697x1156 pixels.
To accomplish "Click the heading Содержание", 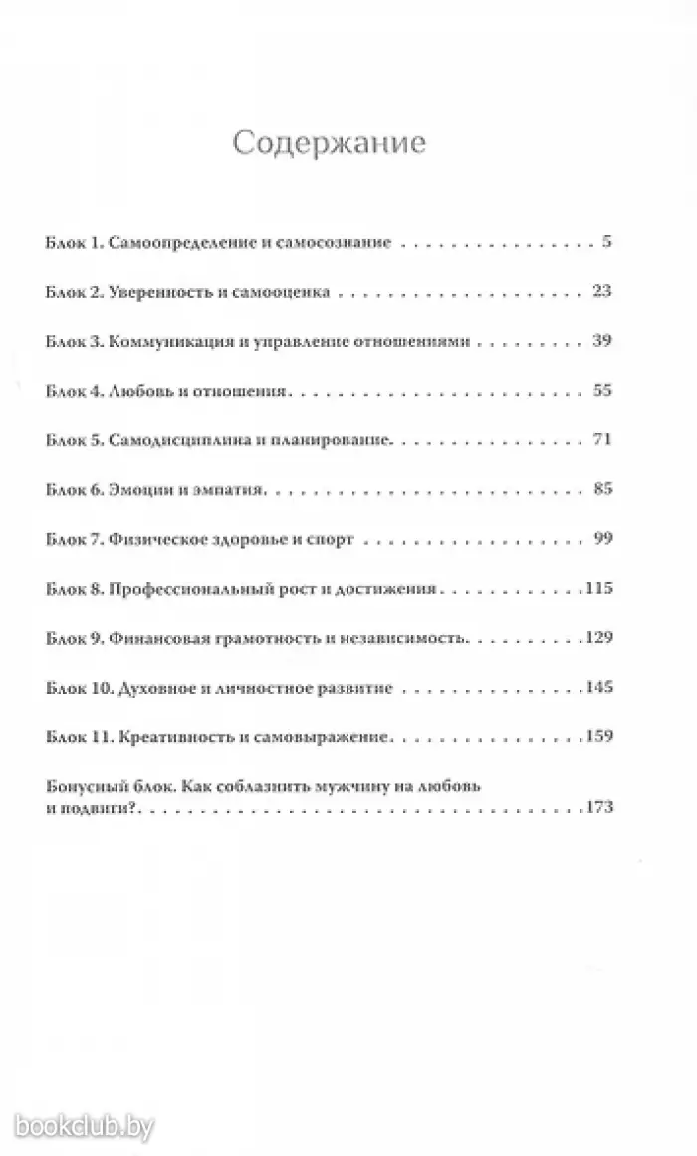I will pyautogui.click(x=329, y=144).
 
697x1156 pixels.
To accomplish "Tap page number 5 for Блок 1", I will pyautogui.click(x=605, y=242).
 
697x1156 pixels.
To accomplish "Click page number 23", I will pyautogui.click(x=600, y=292).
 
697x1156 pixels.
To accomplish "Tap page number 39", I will pyautogui.click(x=600, y=341).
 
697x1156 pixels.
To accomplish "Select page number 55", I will pyautogui.click(x=600, y=390).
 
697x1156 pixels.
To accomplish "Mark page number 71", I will pyautogui.click(x=600, y=439).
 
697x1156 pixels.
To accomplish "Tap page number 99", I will pyautogui.click(x=600, y=539).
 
